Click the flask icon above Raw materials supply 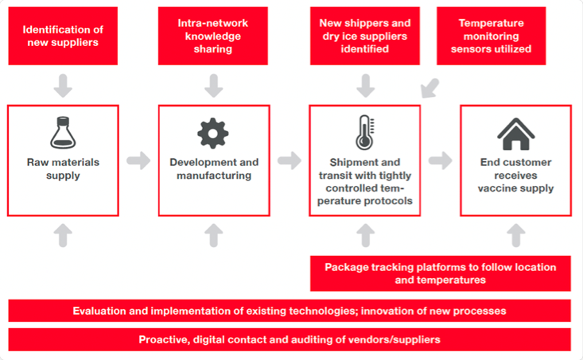click(x=63, y=133)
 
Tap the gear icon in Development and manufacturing click(x=213, y=134)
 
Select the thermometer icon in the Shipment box click(x=365, y=133)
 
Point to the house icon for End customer click(x=515, y=134)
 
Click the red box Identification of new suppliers click(x=63, y=36)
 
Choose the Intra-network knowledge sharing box click(x=213, y=36)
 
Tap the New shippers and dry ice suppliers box click(x=365, y=36)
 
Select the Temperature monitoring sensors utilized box click(x=492, y=36)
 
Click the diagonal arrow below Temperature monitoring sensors click(x=429, y=88)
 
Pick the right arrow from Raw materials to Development click(x=138, y=161)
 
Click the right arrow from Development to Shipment click(x=290, y=161)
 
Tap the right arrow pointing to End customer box click(x=440, y=161)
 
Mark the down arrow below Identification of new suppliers click(x=63, y=86)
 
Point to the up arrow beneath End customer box click(x=516, y=235)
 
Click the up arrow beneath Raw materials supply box click(x=63, y=235)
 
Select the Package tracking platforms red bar click(x=440, y=273)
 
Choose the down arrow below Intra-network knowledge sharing click(x=213, y=86)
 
